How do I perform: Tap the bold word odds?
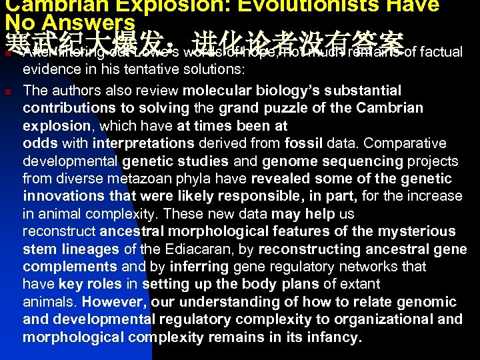pyautogui.click(x=39, y=143)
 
